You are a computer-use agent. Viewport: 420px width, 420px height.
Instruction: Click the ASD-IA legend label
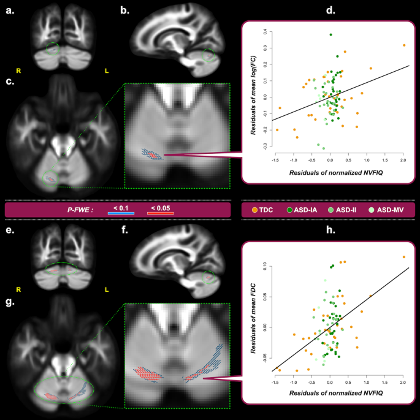[304, 210]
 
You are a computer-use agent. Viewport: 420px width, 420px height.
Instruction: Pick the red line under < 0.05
[161, 213]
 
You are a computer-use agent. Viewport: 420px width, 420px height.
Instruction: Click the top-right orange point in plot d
[404, 45]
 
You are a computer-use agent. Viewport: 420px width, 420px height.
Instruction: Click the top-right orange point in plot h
[403, 257]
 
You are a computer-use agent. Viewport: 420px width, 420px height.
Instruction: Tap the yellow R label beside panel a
[18, 71]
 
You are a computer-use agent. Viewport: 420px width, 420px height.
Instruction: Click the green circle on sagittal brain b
[210, 56]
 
